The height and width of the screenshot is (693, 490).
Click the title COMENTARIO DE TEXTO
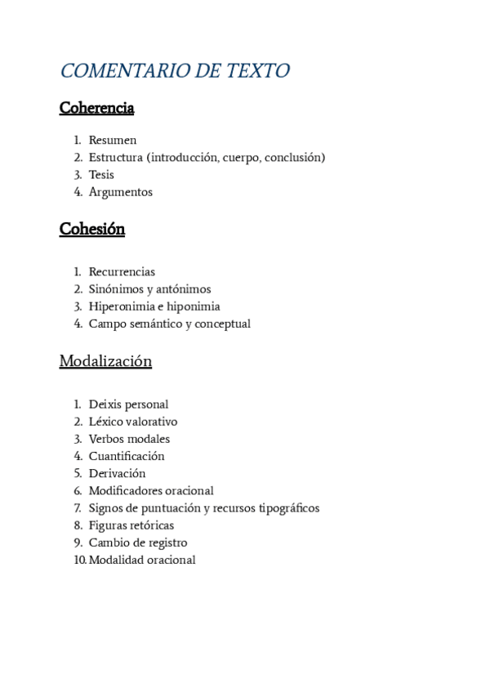[x=175, y=71]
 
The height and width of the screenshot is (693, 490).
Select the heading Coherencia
[x=96, y=108]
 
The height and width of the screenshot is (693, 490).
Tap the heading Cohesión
[x=92, y=229]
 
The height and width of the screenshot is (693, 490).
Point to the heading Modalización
[x=105, y=361]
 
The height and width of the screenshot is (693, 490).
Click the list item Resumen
[x=113, y=141]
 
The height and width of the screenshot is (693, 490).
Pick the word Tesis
[x=101, y=175]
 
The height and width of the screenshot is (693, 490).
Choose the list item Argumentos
[x=121, y=192]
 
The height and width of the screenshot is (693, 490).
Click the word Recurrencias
[x=122, y=272]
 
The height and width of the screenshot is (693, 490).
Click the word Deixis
[x=105, y=405]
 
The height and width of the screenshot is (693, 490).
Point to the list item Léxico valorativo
[x=133, y=422]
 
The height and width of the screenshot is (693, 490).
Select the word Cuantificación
[x=127, y=456]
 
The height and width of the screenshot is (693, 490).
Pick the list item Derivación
[x=117, y=473]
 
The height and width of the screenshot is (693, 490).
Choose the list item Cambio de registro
[x=138, y=543]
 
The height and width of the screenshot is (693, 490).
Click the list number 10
[x=79, y=560]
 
